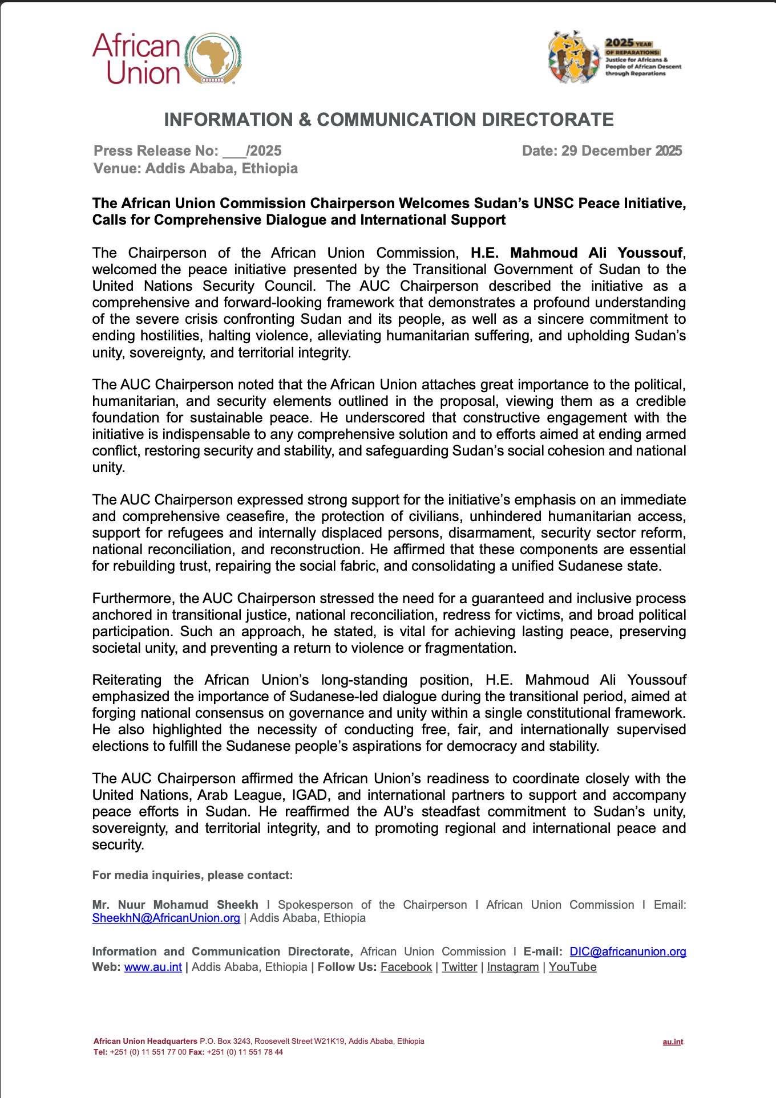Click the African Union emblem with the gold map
215,58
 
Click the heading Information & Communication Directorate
389,120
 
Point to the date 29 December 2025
621,151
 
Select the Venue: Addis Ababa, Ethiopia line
195,168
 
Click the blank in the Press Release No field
234,152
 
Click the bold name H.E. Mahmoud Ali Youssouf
576,253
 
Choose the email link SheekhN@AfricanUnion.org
166,918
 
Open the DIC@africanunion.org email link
628,951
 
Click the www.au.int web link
153,967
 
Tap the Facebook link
406,967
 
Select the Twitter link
459,967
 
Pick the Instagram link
512,967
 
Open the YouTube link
572,967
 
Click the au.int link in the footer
673,1042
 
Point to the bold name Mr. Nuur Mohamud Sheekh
175,905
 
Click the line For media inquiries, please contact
192,875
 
